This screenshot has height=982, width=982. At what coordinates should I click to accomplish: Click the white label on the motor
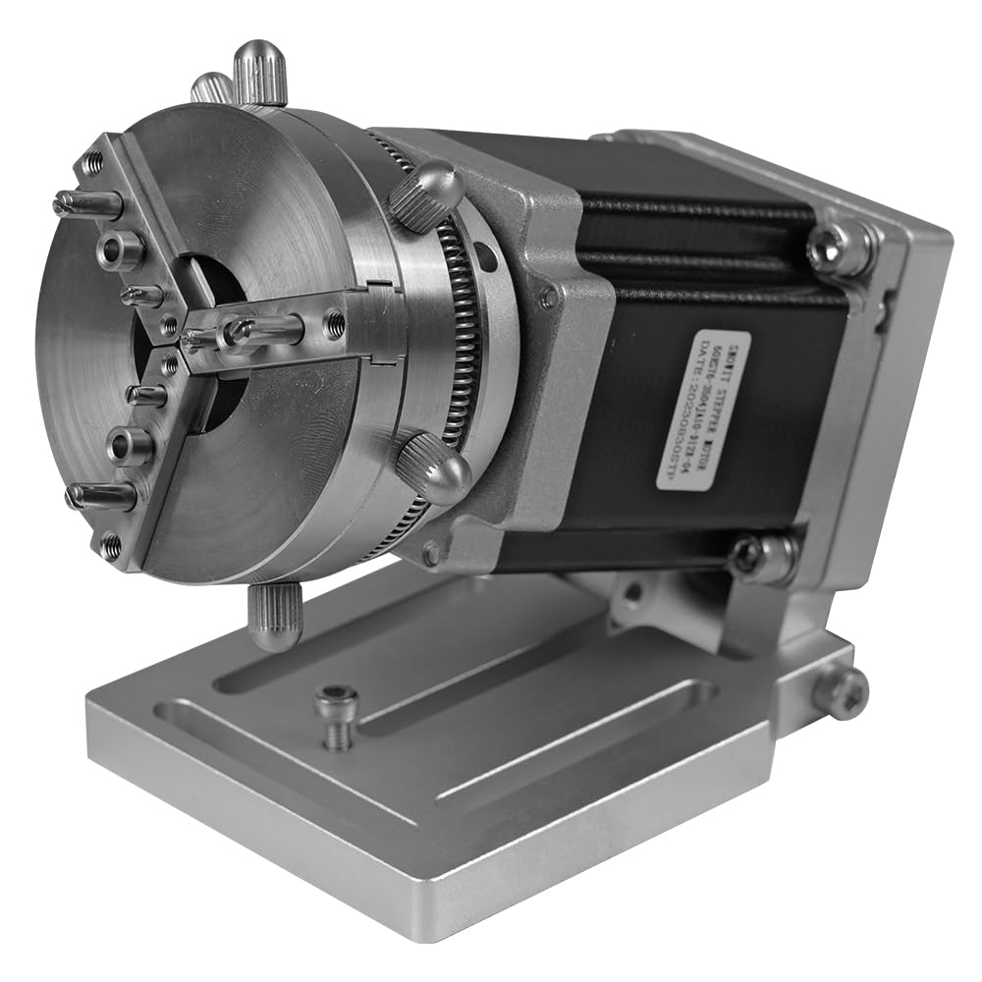coord(703,410)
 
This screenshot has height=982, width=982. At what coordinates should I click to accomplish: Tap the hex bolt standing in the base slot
coord(337,715)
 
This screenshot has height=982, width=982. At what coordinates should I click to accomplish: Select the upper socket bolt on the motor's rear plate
coord(841,247)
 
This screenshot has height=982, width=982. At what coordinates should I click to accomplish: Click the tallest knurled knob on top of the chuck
coord(260,74)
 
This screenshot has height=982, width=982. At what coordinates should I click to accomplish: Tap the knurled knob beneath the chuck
coord(274,616)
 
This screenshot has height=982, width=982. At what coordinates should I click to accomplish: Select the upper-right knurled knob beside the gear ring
coord(426,194)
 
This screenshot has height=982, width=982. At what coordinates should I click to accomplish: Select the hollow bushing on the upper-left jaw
coord(120,250)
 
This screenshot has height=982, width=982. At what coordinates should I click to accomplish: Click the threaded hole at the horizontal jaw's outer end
coord(335,320)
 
